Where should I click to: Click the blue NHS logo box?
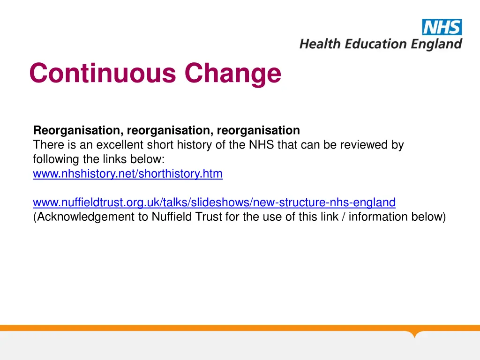[442, 27]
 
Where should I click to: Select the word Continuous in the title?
[103, 74]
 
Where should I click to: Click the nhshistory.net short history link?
[127, 174]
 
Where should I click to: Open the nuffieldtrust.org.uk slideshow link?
[214, 202]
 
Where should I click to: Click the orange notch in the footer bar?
[414, 334]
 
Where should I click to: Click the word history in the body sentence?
[196, 145]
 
